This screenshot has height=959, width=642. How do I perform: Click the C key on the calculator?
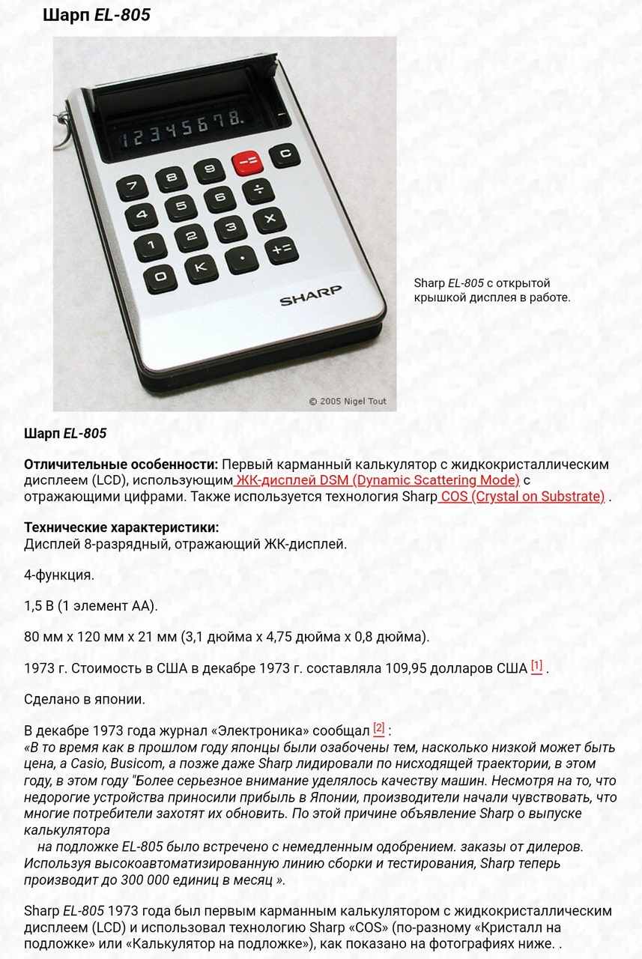point(284,155)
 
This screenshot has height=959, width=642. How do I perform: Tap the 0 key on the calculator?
point(160,277)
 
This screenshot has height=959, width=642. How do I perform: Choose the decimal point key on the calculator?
point(241,259)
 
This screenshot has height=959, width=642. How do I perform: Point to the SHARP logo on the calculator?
point(310,295)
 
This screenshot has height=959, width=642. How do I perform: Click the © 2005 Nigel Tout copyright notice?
point(348,402)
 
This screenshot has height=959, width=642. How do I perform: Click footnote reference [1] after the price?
point(536,666)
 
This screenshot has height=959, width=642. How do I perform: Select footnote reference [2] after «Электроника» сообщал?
point(379,728)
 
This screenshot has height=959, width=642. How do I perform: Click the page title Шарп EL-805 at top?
point(97,15)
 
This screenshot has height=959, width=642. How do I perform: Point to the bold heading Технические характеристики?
point(121,527)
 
